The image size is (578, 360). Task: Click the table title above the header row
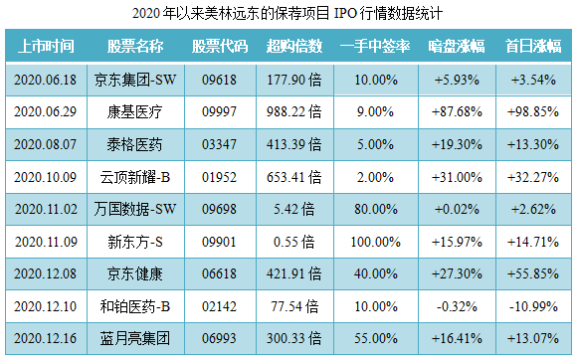(288, 15)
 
